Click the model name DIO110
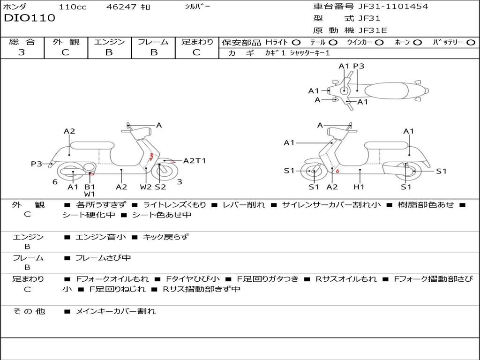tap(30, 18)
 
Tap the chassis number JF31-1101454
tap(393, 7)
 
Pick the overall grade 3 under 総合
tap(22, 52)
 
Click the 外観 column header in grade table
tap(66, 42)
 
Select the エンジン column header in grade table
tap(109, 42)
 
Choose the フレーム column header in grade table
tap(153, 42)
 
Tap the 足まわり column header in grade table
tap(197, 42)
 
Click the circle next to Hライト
tap(296, 42)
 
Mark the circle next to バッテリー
tap(471, 42)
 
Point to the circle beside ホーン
tap(418, 42)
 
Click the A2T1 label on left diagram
tap(195, 161)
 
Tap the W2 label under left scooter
tap(146, 187)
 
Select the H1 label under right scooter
tap(359, 187)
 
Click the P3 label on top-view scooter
tap(359, 66)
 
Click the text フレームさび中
tap(103, 258)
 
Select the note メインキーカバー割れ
tap(115, 311)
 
